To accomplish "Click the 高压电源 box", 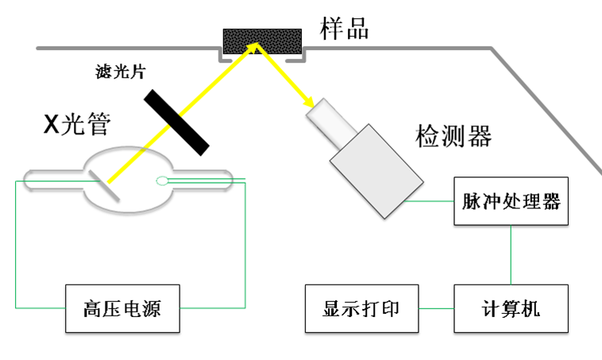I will pyautogui.click(x=122, y=308).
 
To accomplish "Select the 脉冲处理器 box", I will pyautogui.click(x=511, y=201).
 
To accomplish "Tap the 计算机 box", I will pyautogui.click(x=511, y=308).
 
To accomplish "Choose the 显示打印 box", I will pyautogui.click(x=361, y=308).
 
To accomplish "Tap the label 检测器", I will pyautogui.click(x=453, y=136).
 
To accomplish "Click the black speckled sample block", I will pyautogui.click(x=262, y=41).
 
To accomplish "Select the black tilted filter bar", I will pyautogui.click(x=177, y=122).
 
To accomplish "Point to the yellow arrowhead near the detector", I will pyautogui.click(x=304, y=106).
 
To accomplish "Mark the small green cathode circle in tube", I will pyautogui.click(x=162, y=180).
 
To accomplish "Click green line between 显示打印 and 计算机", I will pyautogui.click(x=436, y=308).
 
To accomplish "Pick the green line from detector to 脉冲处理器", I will pyautogui.click(x=430, y=201).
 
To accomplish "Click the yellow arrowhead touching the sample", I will pyautogui.click(x=254, y=49).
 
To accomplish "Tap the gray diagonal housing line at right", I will pyautogui.click(x=548, y=110).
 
